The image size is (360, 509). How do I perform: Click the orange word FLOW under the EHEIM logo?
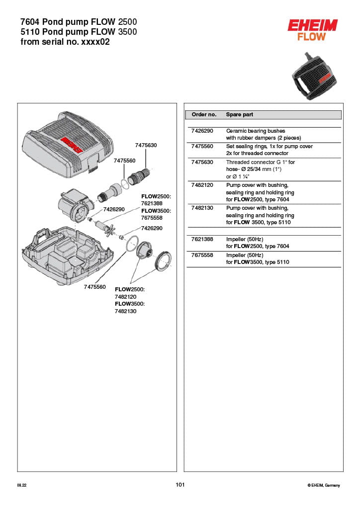click(312, 36)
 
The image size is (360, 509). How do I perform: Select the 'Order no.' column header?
click(204, 114)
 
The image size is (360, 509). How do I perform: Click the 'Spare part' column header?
click(239, 114)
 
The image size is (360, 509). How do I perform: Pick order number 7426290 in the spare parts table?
click(202, 131)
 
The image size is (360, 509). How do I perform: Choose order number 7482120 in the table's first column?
click(202, 185)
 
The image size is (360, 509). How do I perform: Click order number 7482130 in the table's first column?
click(202, 208)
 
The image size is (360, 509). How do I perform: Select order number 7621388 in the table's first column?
click(202, 239)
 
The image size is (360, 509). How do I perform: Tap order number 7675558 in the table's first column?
click(202, 254)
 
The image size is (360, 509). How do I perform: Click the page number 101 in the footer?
click(180, 485)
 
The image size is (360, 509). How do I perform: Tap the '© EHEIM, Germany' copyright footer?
click(324, 485)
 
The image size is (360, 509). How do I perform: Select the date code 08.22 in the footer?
click(21, 485)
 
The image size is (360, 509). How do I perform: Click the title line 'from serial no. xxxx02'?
click(65, 42)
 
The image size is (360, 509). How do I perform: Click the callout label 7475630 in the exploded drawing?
click(146, 145)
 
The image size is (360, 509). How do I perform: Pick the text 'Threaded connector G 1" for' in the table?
click(260, 162)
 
